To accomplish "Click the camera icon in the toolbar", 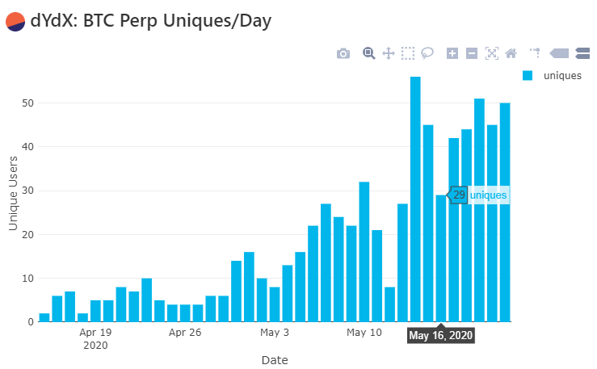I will tap(343, 53).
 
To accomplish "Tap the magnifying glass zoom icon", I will tap(368, 53).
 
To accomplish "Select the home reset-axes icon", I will tap(511, 53).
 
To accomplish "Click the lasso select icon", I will tap(427, 53).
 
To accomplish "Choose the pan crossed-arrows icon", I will tap(388, 53).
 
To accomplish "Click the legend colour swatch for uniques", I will tap(528, 76).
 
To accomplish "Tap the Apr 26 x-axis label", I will tap(184, 332).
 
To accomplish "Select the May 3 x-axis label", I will tap(275, 332).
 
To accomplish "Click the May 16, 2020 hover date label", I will tap(440, 335).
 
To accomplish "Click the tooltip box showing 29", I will tap(459, 195).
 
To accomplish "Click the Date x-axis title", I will tap(275, 359).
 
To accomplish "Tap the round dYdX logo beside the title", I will tap(15, 21).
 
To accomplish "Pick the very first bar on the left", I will tap(44, 317).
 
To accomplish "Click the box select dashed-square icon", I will tap(408, 53).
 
